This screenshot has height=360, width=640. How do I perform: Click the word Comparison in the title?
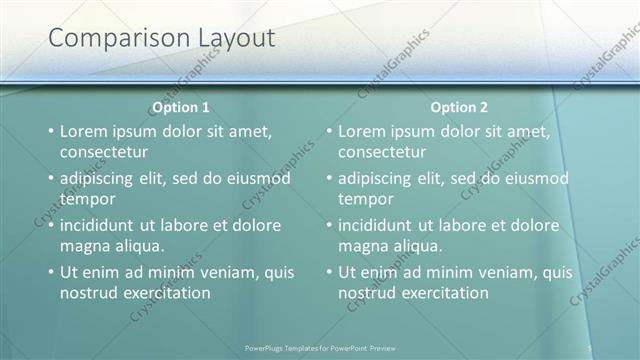109,39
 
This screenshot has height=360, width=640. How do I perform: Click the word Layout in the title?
226,39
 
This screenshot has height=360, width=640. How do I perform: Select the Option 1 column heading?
181,107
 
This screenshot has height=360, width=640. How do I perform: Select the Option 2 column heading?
459,107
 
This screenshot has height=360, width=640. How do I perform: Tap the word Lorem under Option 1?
85,131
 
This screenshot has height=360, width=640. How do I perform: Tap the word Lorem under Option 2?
363,131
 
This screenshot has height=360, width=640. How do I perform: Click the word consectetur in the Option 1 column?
104,153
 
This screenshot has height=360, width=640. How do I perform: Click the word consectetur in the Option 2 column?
382,153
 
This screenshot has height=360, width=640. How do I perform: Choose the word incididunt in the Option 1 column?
104,225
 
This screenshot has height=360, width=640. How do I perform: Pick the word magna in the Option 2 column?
362,246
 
